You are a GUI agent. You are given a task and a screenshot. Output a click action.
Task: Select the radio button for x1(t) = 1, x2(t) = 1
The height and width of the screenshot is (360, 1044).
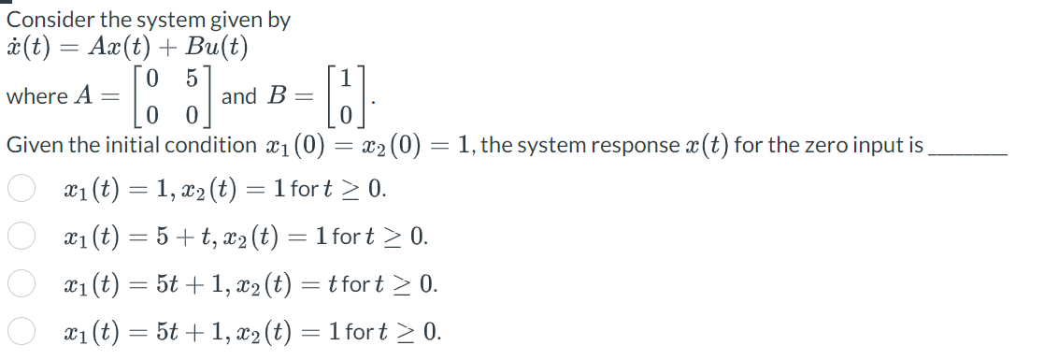tap(21, 190)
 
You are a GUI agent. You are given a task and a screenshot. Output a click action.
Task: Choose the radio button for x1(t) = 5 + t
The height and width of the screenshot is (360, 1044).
tap(21, 237)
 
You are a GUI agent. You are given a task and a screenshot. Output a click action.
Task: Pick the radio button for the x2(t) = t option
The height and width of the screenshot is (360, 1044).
tap(21, 283)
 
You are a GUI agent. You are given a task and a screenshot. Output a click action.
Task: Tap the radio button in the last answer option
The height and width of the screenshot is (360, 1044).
tap(21, 330)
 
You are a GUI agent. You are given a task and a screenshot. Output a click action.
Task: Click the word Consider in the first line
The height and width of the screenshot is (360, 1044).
tap(46, 20)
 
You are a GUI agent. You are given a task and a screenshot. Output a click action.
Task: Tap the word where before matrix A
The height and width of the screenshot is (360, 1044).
tap(36, 95)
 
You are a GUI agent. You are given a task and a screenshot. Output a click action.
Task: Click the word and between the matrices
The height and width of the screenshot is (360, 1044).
tap(239, 95)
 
